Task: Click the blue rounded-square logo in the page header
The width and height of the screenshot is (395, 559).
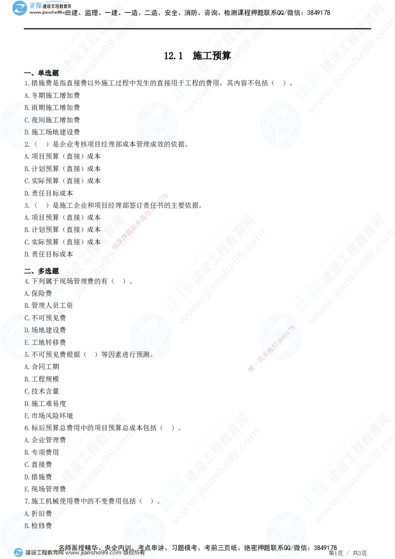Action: (x=20, y=8)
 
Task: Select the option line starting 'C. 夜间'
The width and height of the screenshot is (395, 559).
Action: (x=32, y=120)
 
